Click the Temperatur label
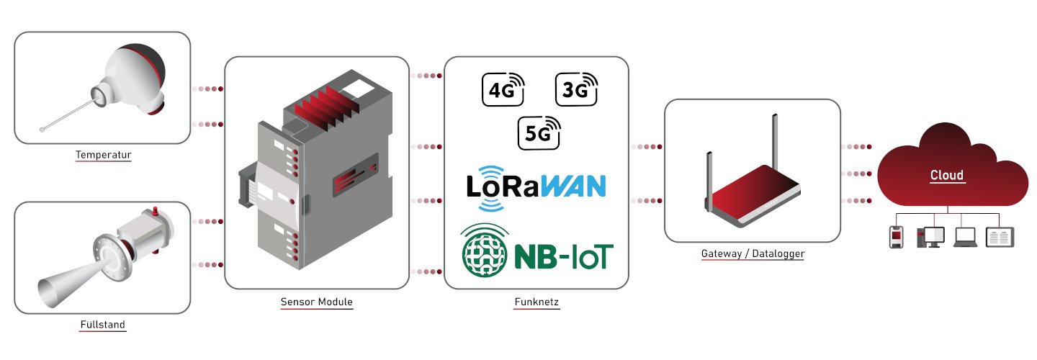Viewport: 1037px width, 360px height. click(103, 155)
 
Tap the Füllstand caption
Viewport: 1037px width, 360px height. click(102, 325)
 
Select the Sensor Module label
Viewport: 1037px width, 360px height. click(317, 302)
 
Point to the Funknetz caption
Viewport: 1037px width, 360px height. click(537, 302)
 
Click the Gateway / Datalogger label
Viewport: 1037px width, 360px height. click(752, 254)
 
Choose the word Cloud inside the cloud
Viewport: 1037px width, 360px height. click(946, 175)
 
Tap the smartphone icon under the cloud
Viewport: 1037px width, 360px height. click(896, 236)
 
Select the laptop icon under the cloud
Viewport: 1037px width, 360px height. click(965, 237)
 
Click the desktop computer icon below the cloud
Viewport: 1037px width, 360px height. click(930, 237)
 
